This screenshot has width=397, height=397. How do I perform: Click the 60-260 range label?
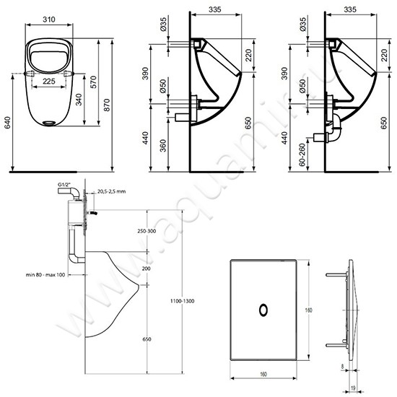point(291,153)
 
